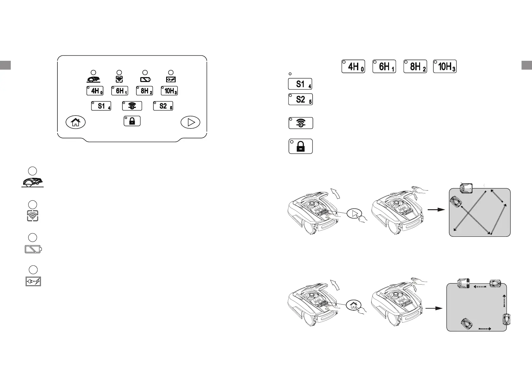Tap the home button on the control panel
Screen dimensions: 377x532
pos(75,122)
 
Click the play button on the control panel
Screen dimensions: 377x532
pos(190,122)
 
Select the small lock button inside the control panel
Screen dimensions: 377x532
pos(132,121)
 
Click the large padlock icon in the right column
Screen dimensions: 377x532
pos(301,146)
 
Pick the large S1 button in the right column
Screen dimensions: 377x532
pos(300,84)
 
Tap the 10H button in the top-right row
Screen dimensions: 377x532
pos(445,66)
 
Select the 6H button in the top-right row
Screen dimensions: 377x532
pos(384,66)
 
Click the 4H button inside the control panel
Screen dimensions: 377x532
pos(95,91)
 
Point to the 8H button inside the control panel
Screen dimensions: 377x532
pos(145,91)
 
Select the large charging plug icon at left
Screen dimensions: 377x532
pos(33,281)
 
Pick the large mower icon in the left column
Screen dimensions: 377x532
pos(33,182)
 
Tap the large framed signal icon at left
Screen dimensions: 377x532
pos(33,216)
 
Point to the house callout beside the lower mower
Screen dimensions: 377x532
pos(354,305)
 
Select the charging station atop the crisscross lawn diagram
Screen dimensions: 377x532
pos(466,188)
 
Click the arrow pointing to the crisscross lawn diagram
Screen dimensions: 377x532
pos(436,209)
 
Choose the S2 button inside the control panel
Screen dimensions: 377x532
pos(163,106)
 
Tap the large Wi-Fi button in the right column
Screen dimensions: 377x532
pos(301,123)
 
